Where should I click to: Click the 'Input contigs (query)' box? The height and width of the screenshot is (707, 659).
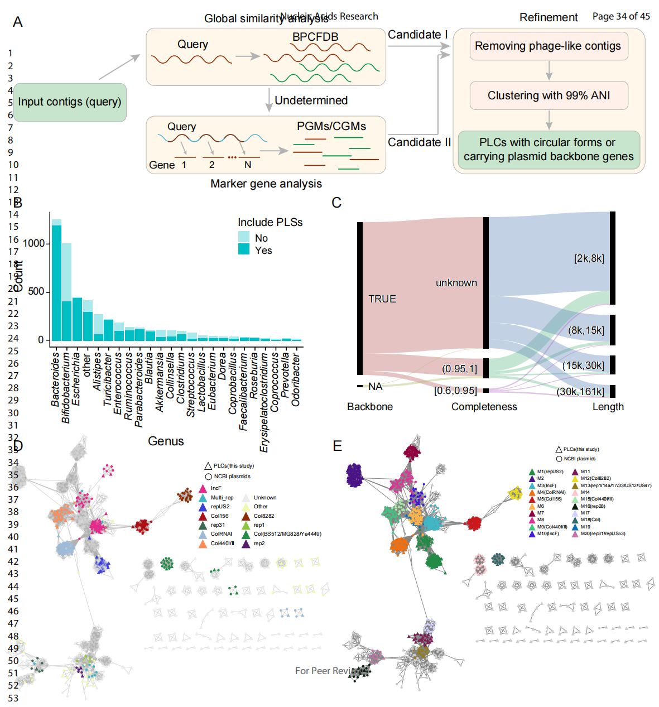click(70, 102)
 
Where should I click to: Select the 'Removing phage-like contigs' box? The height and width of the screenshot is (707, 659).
click(548, 46)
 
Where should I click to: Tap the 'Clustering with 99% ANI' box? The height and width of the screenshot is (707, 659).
click(549, 95)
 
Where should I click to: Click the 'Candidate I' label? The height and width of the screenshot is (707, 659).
click(418, 35)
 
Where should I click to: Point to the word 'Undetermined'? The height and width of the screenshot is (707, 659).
click(311, 100)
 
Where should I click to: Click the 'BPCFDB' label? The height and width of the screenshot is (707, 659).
click(315, 37)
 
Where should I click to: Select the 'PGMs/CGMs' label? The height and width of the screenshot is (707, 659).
click(331, 126)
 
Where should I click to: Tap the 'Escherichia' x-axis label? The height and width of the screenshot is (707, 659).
click(76, 379)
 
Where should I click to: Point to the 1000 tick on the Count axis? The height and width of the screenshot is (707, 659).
click(34, 243)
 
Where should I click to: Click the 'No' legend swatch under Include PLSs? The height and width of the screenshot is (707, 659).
click(244, 238)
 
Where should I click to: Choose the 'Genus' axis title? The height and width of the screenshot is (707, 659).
click(166, 441)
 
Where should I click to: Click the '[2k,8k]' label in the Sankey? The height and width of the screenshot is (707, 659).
click(589, 258)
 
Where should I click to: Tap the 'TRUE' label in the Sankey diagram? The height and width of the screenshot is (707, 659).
click(382, 299)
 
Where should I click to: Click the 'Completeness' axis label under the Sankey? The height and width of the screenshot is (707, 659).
click(484, 407)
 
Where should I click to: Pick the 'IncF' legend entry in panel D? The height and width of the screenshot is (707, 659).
click(215, 488)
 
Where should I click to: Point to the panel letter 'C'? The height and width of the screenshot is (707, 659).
click(336, 203)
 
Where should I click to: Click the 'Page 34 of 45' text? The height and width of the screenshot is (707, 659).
click(621, 16)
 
